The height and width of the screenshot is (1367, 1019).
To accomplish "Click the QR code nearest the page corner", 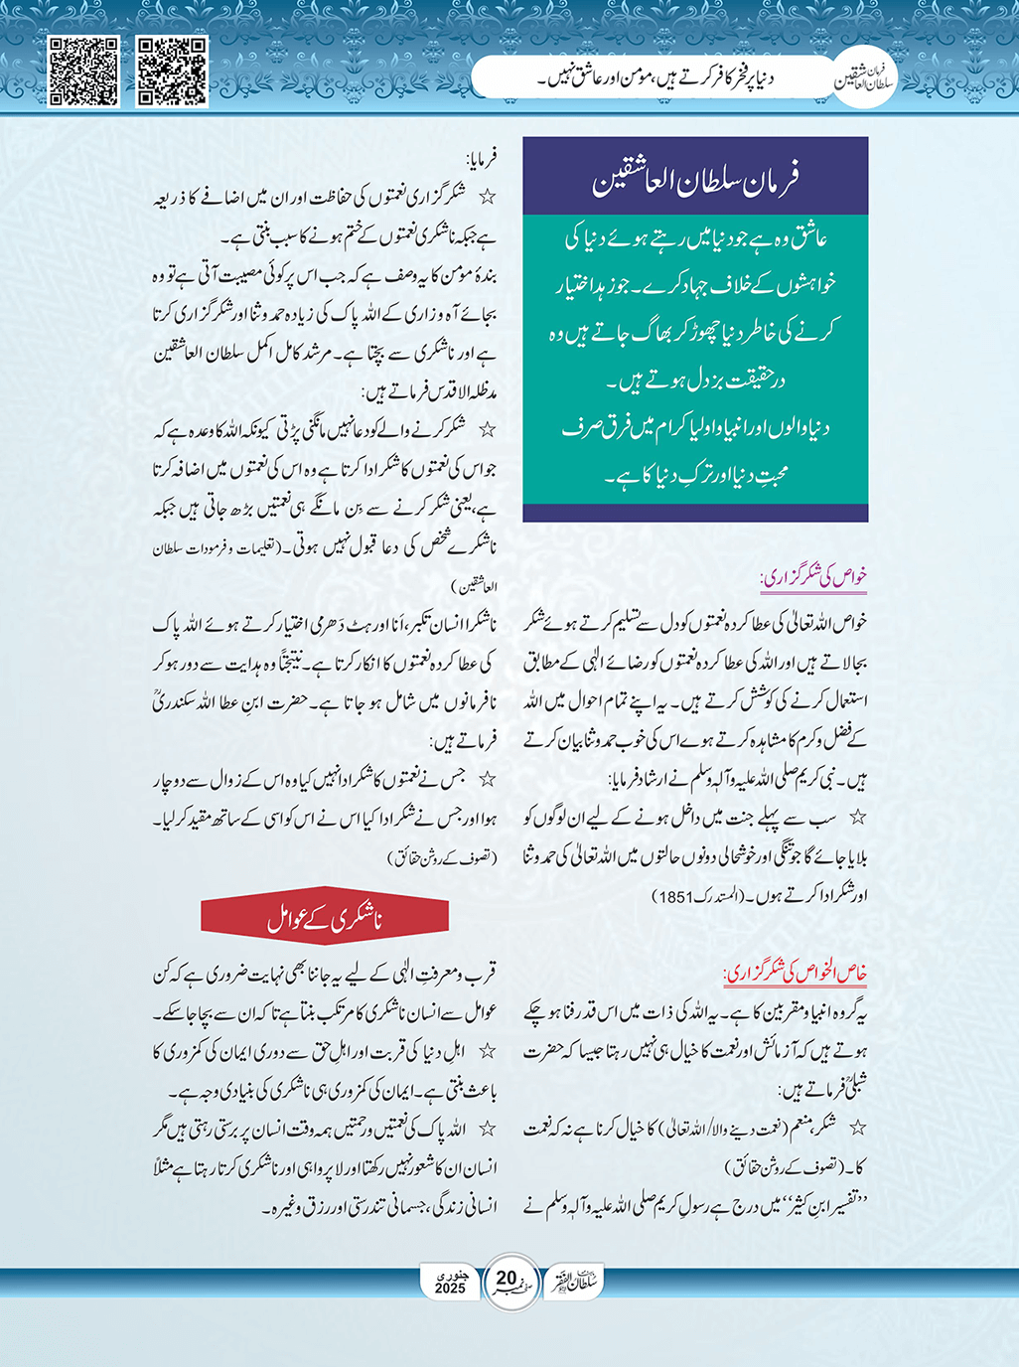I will point(83,72).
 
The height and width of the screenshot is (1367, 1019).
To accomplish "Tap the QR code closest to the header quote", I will point(172,72).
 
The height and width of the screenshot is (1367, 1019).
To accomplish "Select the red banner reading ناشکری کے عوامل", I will point(325,917).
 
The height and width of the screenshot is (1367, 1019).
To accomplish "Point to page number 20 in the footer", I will point(507,1278).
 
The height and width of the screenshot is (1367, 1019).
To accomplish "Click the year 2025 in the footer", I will point(450,1289).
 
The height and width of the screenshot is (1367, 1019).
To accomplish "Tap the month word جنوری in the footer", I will point(450,1273).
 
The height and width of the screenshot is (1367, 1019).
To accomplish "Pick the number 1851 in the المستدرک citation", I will point(672,896).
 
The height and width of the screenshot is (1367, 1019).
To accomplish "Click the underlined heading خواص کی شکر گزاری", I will point(813,577).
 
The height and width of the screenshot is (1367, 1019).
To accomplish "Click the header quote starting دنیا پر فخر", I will point(655,76).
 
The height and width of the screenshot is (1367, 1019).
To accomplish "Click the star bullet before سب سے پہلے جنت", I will point(857,818).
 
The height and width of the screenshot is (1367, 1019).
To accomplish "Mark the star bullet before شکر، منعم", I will point(857,1128).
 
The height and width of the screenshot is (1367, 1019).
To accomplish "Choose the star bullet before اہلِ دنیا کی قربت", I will point(487,1050).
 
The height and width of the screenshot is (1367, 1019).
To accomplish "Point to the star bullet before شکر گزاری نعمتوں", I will point(487,197).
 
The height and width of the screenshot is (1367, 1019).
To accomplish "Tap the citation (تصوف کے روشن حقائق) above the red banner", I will point(442,856).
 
